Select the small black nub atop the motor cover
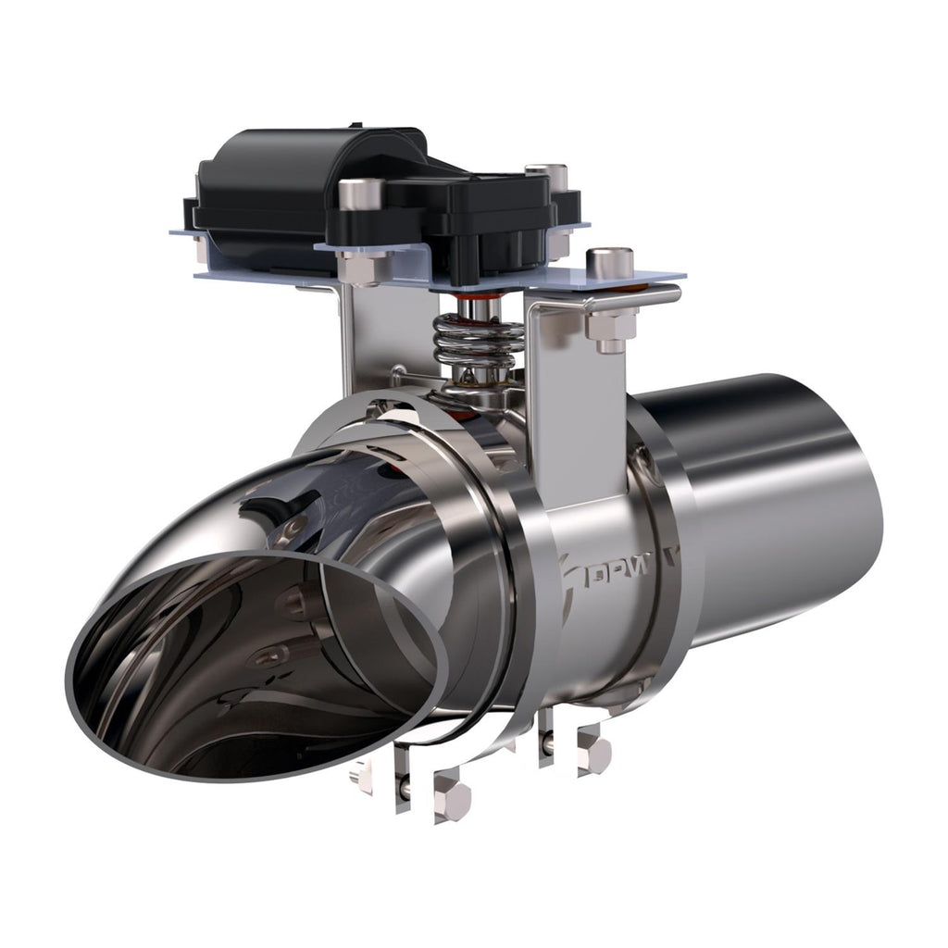[356, 125]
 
